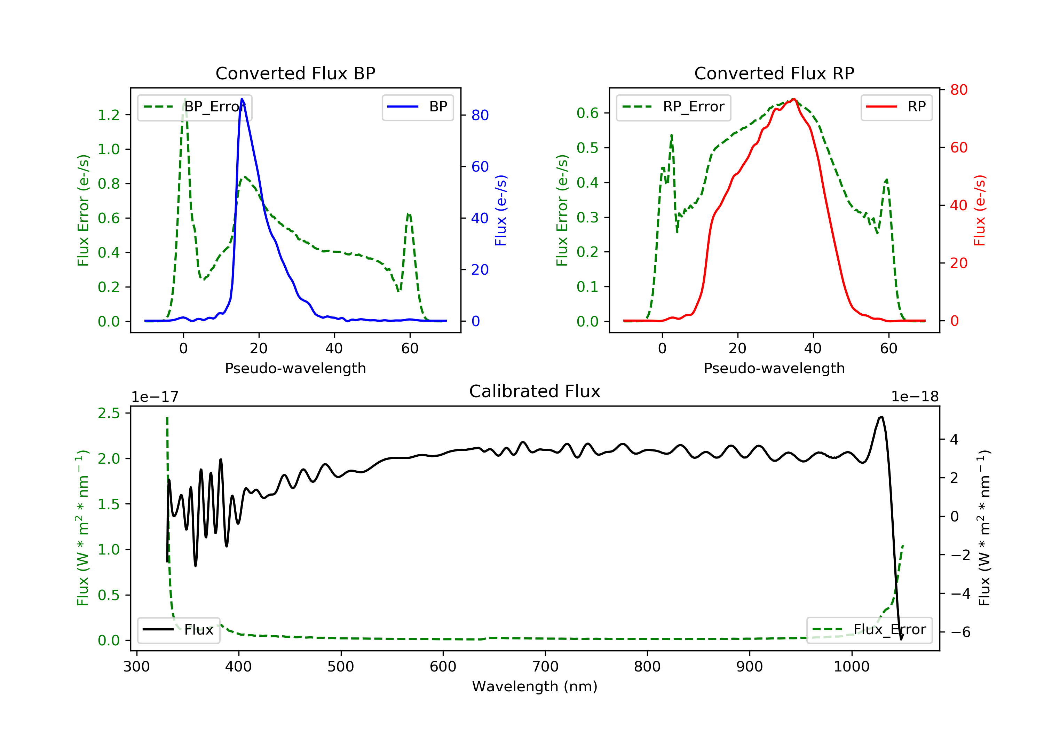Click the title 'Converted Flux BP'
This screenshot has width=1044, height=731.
click(x=295, y=73)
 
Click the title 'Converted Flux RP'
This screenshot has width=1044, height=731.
click(x=774, y=73)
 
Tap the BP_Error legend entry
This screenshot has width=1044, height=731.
click(x=195, y=107)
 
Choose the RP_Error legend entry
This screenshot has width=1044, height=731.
click(x=673, y=107)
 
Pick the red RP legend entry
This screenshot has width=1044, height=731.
click(x=896, y=107)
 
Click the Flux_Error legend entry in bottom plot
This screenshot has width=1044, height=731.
click(x=869, y=630)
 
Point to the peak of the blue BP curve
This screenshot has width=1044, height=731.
click(x=242, y=99)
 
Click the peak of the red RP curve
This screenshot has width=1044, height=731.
click(x=793, y=99)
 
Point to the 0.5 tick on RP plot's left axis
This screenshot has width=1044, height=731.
click(x=587, y=148)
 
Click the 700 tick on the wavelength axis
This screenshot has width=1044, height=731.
click(x=545, y=667)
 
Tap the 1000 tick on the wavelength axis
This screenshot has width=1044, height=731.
click(x=851, y=667)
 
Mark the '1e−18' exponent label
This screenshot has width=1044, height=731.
click(x=915, y=397)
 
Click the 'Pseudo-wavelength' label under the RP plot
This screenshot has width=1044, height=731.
click(x=774, y=368)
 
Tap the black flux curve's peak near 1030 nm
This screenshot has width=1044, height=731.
click(x=882, y=417)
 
